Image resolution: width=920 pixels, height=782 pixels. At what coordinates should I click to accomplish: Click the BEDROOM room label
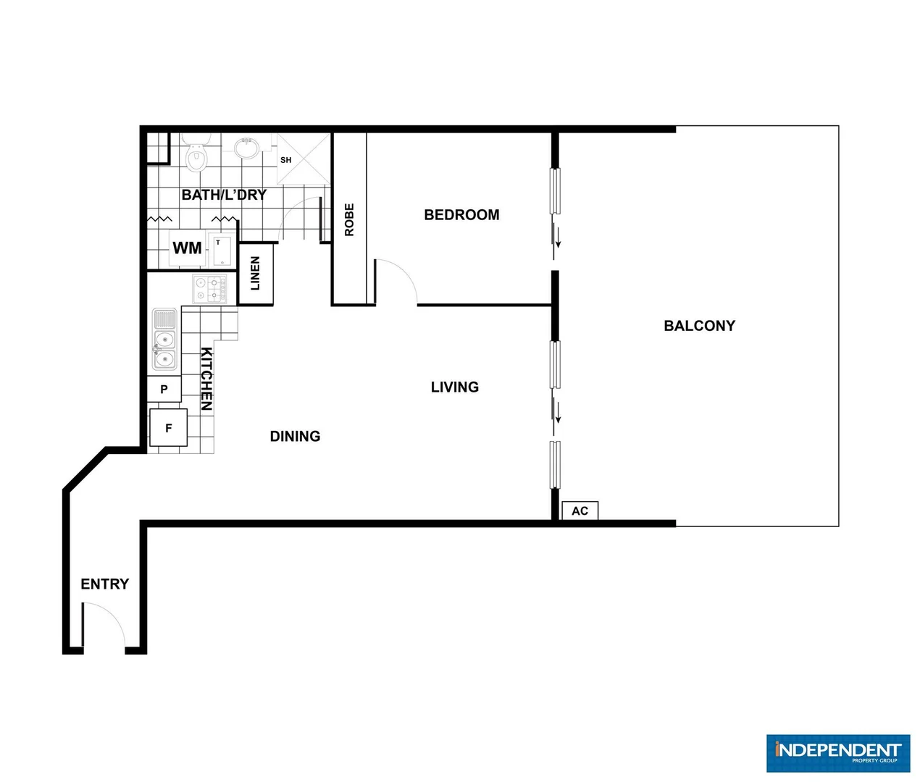tap(461, 215)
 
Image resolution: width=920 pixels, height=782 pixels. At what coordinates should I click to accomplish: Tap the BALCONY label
tap(699, 326)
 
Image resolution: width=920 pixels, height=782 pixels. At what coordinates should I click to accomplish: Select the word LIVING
tap(454, 387)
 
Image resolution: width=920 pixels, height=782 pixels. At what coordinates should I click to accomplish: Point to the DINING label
tap(295, 436)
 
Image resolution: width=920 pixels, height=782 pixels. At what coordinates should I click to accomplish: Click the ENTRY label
tap(104, 584)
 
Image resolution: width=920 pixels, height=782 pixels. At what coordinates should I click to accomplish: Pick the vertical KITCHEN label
tap(206, 379)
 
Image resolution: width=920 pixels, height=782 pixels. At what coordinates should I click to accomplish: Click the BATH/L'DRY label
tap(224, 195)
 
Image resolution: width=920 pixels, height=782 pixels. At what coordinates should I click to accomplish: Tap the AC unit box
tap(580, 511)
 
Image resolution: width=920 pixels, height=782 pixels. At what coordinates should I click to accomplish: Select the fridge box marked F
tap(168, 428)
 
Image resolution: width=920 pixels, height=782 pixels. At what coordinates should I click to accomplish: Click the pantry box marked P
tap(164, 389)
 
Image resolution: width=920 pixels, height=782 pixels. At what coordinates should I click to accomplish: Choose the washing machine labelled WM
tap(187, 248)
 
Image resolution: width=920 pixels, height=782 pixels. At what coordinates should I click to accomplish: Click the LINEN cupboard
tap(255, 274)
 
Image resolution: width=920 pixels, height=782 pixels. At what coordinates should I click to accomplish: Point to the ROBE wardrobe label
tap(349, 219)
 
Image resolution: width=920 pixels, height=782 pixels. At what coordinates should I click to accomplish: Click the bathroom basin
tap(247, 147)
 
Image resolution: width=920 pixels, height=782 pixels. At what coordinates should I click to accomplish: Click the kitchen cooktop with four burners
tap(209, 289)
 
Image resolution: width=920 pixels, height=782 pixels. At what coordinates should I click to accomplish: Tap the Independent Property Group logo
tap(837, 753)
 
